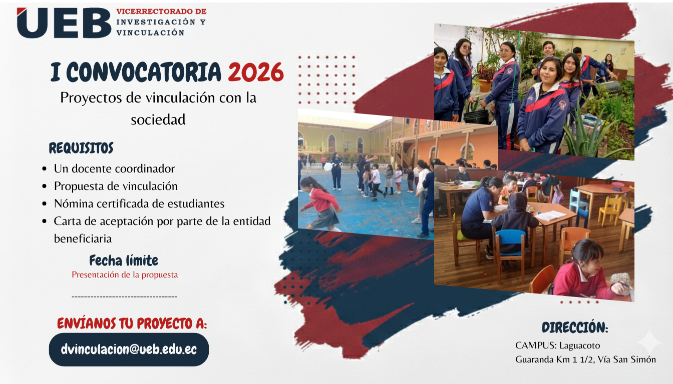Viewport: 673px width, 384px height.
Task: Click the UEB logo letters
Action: (x=64, y=23)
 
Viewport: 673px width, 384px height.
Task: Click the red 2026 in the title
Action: (x=256, y=72)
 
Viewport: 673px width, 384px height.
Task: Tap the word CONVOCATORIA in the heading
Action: (x=144, y=72)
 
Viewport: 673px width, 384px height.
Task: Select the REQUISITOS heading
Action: (x=81, y=148)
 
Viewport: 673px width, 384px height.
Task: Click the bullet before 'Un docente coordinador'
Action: (x=45, y=169)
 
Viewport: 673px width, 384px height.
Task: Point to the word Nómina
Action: (x=74, y=203)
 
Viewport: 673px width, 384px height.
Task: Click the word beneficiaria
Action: (x=83, y=239)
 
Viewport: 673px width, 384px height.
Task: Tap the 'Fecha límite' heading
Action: (x=124, y=260)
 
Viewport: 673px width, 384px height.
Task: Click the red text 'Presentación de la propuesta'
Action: (x=125, y=274)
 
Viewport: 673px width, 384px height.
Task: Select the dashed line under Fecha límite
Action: (x=124, y=296)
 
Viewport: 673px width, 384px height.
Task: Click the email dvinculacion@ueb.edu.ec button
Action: (x=129, y=349)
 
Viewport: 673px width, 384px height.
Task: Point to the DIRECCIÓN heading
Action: (x=575, y=327)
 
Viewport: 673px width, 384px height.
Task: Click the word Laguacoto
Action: (x=579, y=345)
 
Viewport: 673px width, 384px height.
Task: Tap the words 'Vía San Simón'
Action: (x=626, y=359)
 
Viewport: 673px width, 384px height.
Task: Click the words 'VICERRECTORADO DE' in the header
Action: (x=161, y=11)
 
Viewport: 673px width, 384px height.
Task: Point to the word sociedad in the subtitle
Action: (x=158, y=119)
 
